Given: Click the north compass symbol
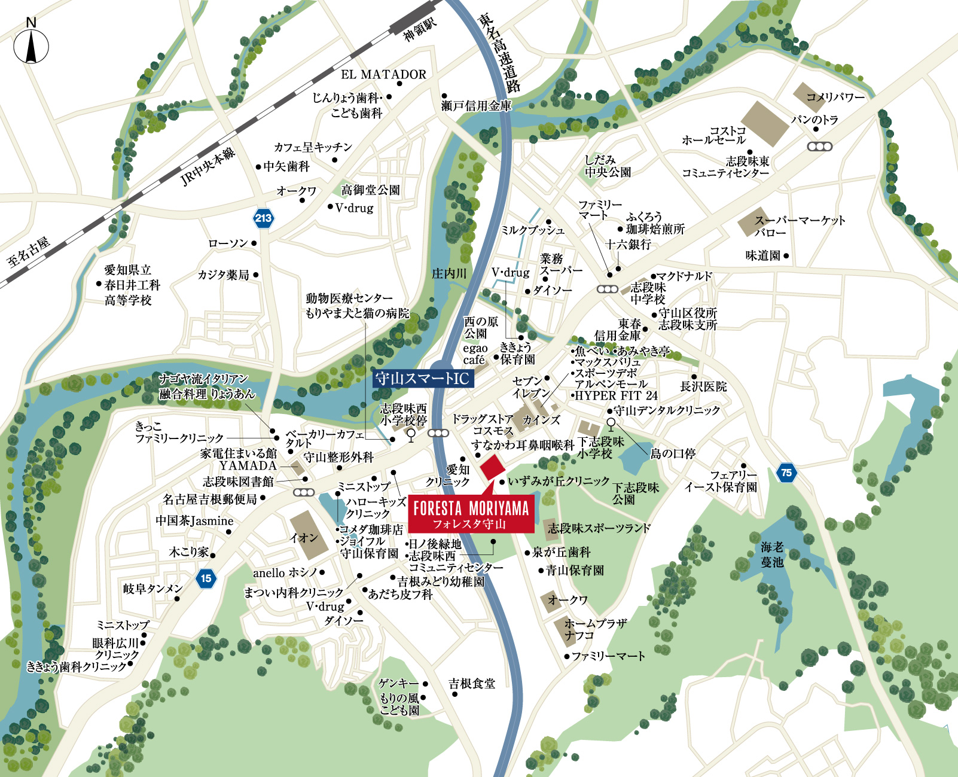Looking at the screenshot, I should point(31,44).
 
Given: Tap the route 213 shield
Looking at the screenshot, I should point(263,218).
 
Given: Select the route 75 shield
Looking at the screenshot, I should point(786,473).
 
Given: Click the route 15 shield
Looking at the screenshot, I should point(206,578).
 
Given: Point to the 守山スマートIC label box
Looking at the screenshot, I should point(423,378).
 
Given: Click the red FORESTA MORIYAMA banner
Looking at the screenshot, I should point(471,514).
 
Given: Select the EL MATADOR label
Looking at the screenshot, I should point(383,75).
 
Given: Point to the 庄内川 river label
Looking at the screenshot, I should point(449,273).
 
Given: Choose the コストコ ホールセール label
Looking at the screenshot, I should point(715,135).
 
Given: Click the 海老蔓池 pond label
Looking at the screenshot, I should point(772,554).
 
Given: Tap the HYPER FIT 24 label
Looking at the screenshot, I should point(616,395).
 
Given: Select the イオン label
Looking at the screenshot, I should point(304,538).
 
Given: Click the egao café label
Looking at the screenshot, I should point(475,354).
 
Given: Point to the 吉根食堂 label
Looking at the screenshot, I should point(472,684).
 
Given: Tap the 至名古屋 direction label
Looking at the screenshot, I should point(28,252).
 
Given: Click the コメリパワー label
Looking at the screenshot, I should point(835,97).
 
